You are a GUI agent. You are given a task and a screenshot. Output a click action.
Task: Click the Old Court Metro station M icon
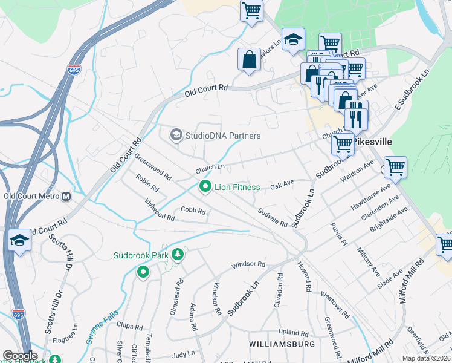pos(66,197)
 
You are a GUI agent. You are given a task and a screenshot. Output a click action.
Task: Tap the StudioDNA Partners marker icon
pos(176,134)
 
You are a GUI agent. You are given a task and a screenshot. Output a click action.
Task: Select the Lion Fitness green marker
pos(205,187)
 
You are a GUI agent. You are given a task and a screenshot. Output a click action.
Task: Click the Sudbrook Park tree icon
pos(178,255)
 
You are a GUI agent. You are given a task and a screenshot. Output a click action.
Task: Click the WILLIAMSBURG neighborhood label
pos(282,344)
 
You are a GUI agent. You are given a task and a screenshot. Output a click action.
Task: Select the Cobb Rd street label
pos(193,212)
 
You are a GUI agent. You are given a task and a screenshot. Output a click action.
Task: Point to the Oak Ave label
pos(282,182)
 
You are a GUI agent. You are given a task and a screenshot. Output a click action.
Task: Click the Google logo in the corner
pos(19,356)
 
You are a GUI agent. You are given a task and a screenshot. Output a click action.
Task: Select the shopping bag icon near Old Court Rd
pos(249,59)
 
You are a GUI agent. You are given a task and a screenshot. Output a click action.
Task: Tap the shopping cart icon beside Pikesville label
pos(343,144)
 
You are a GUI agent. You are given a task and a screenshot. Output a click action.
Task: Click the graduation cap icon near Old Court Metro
pos(19,241)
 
